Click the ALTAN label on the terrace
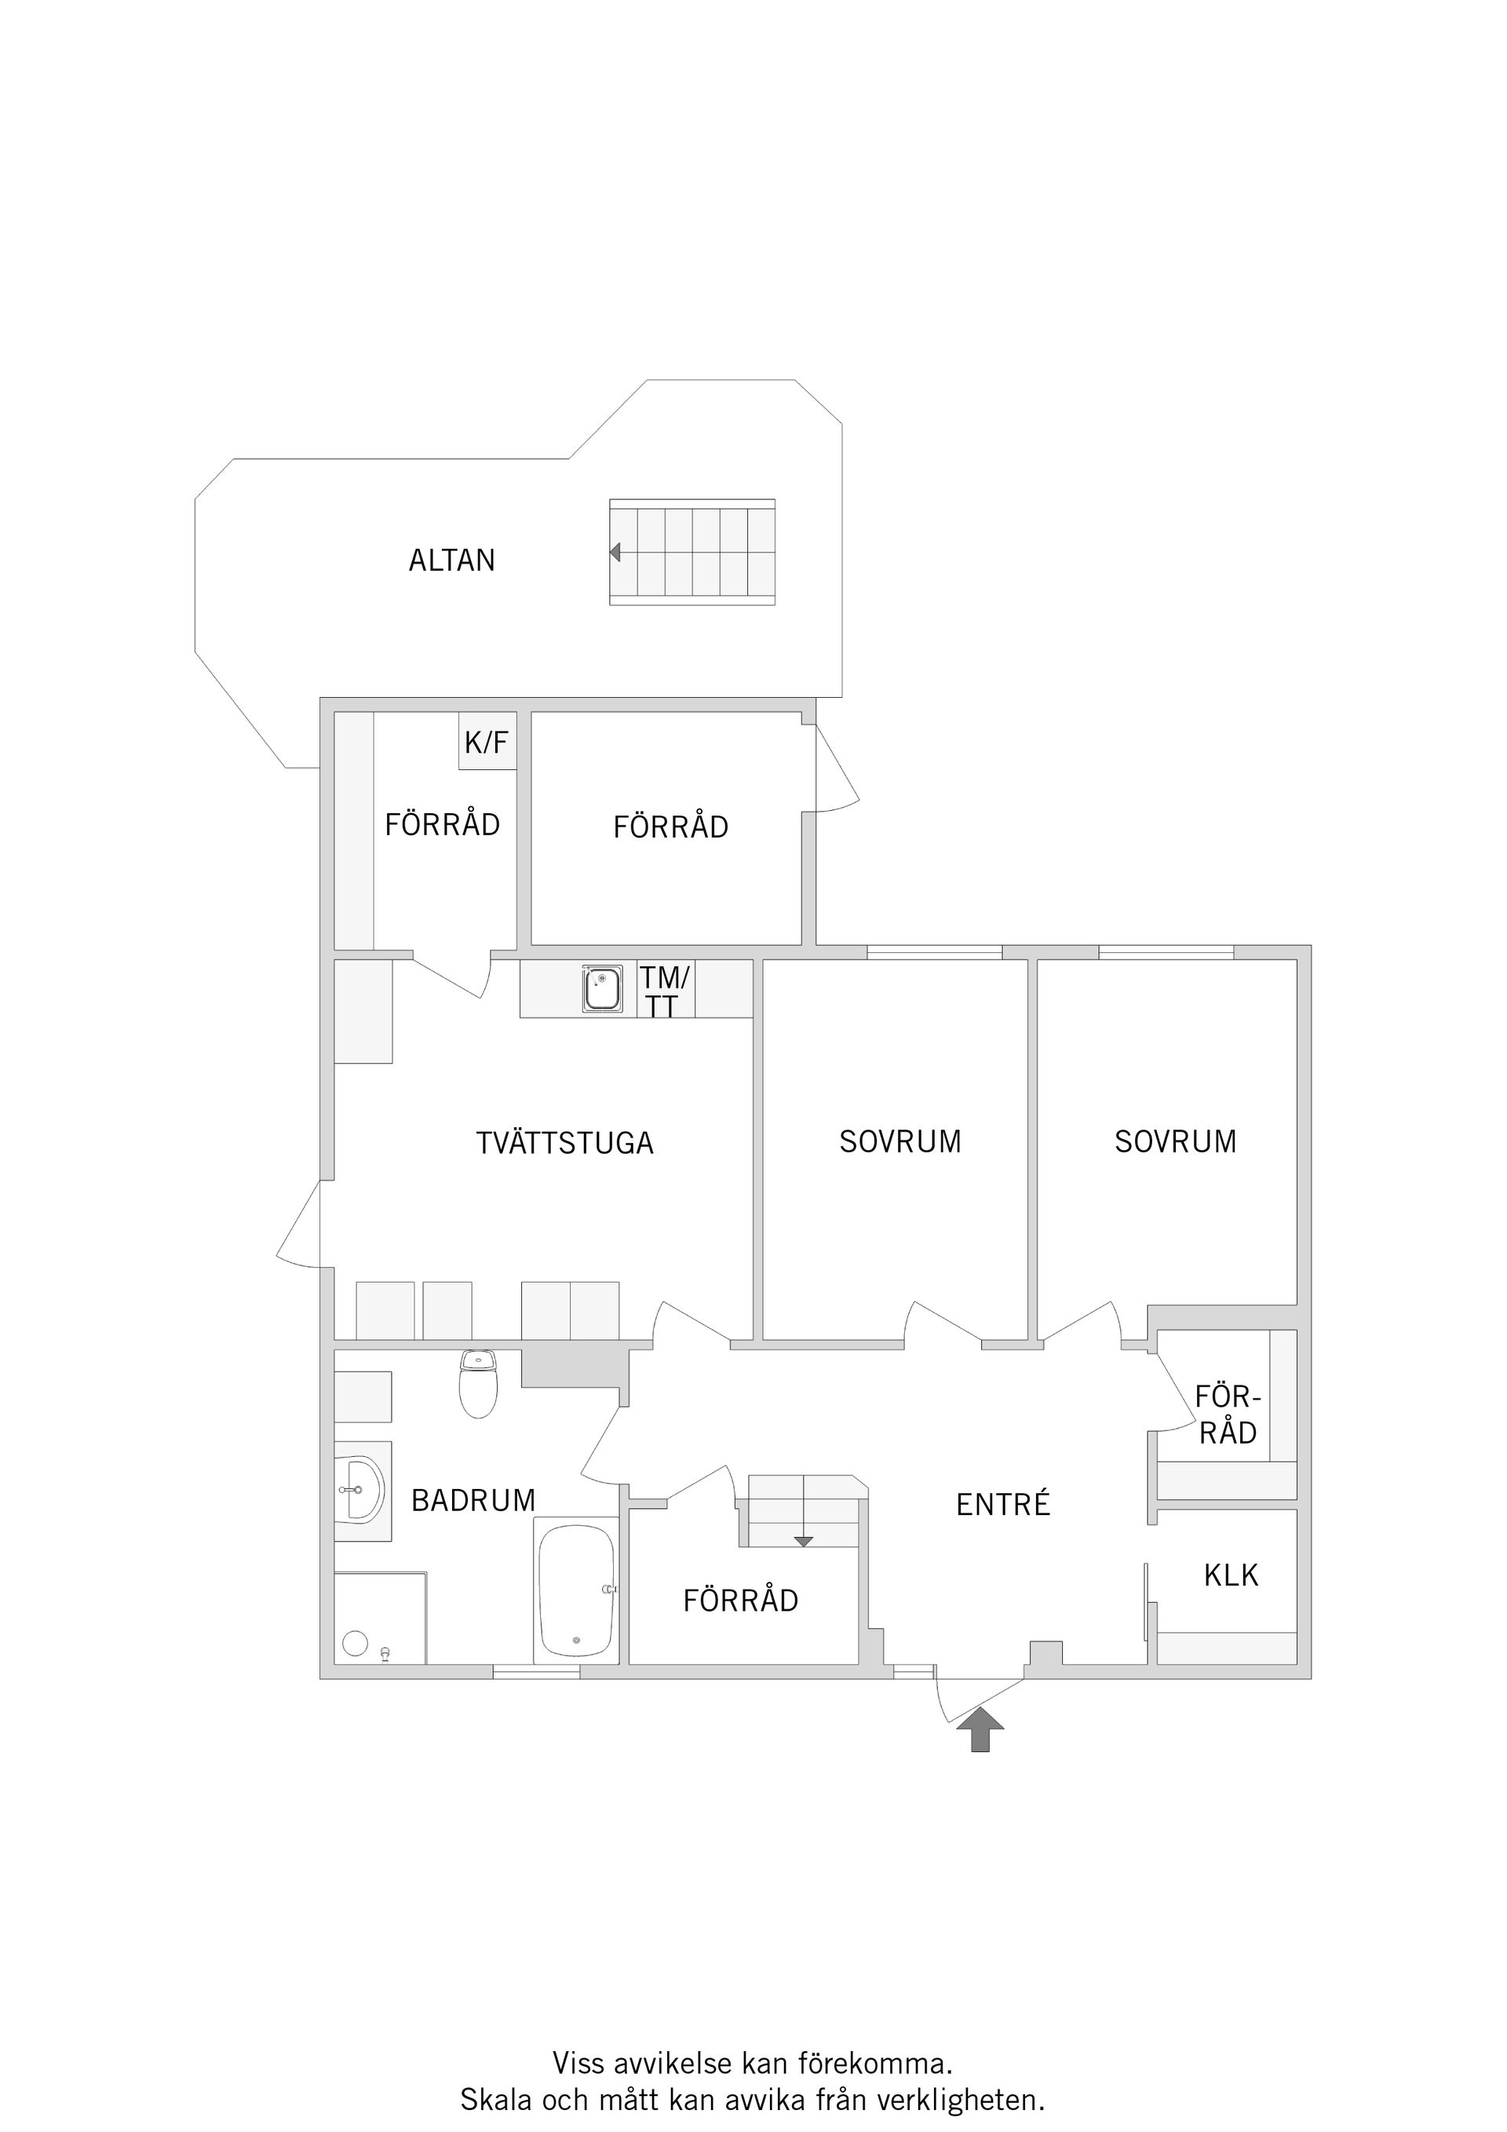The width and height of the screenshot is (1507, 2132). (x=452, y=560)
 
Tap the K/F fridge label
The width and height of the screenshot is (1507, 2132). (x=487, y=742)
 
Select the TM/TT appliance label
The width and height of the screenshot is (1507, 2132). (x=664, y=991)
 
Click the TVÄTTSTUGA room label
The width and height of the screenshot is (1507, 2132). (x=564, y=1143)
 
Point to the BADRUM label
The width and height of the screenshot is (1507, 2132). (x=473, y=1501)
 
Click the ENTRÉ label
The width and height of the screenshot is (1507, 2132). (x=1003, y=1503)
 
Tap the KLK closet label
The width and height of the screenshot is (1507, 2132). (x=1232, y=1575)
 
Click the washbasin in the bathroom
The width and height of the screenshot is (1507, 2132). (x=360, y=1491)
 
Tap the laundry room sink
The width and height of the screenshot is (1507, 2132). (x=603, y=990)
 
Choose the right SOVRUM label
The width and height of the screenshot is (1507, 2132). (x=1176, y=1142)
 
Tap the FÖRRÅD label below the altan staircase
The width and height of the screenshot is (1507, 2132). (x=670, y=826)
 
